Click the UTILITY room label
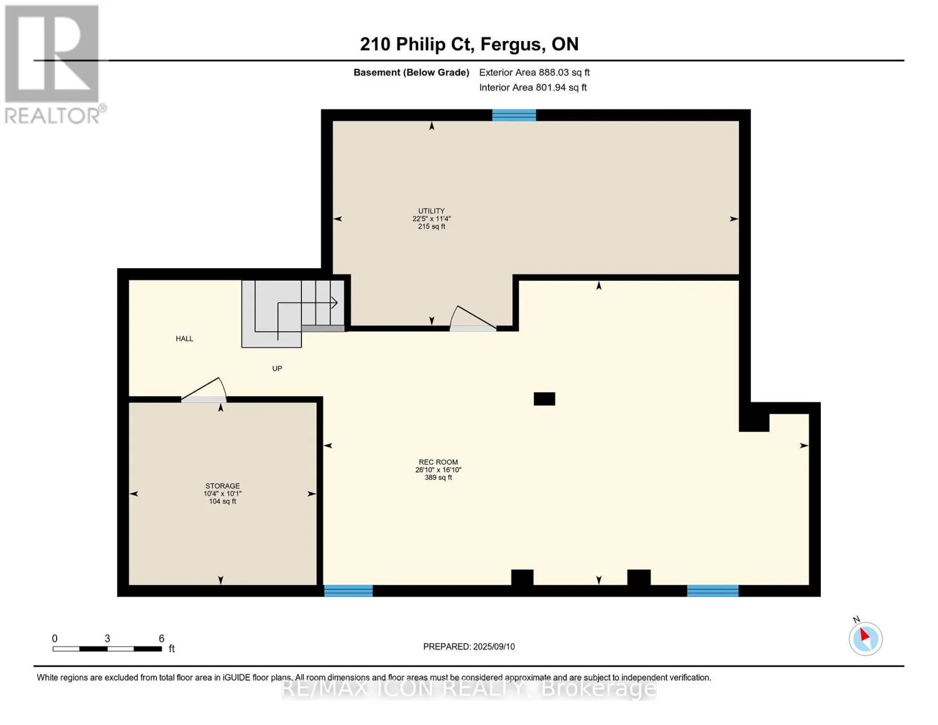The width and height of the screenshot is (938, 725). click(431, 211)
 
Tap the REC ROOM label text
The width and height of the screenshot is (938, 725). click(438, 462)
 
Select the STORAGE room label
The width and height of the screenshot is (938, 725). click(222, 486)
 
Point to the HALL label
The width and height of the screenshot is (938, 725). click(184, 338)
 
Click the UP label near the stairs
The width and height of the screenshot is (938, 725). click(277, 369)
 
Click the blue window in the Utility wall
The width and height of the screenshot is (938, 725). click(514, 115)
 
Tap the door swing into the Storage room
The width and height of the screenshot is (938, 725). click(204, 390)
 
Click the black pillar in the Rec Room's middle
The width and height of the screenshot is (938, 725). click(544, 399)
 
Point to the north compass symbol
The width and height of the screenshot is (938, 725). click(866, 639)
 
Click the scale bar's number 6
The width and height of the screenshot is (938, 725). click(161, 638)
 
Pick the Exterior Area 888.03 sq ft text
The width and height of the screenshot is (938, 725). click(534, 72)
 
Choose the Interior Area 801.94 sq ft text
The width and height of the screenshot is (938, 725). click(533, 87)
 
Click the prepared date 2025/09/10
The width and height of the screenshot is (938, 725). click(494, 646)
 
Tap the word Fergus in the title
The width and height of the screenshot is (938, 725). click(510, 45)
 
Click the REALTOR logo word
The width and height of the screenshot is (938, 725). click(53, 116)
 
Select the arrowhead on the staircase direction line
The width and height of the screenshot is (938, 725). click(334, 303)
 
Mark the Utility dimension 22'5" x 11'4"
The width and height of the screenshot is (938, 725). click(431, 219)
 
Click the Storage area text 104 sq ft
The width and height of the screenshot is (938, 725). click(222, 501)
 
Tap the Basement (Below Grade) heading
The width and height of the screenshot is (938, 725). click(411, 72)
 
